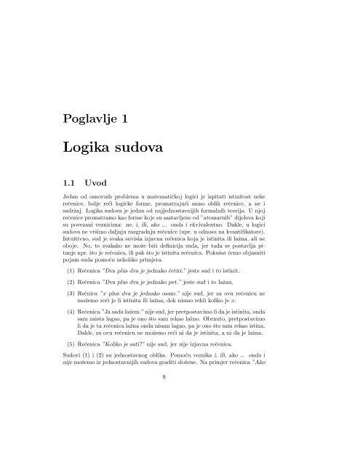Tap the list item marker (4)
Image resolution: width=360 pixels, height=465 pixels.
coord(71,329)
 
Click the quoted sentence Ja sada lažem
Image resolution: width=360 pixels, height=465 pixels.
coord(139,329)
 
